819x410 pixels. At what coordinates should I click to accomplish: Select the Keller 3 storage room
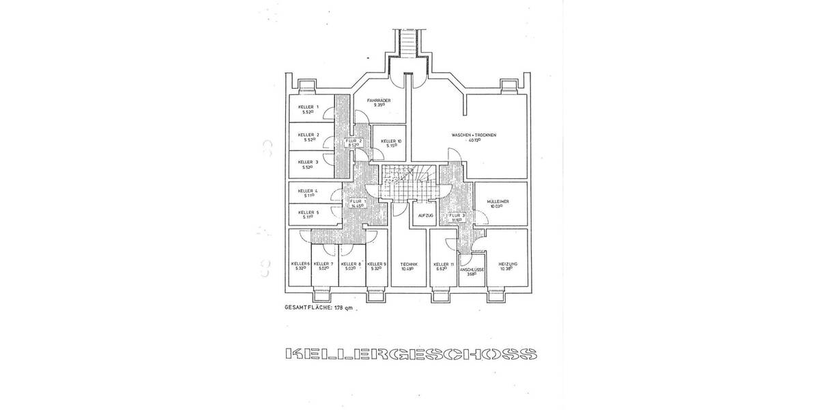click(308, 164)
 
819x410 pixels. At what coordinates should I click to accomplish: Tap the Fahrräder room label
click(377, 102)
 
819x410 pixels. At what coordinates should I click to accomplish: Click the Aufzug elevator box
click(416, 216)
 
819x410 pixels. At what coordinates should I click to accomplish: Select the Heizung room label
click(508, 266)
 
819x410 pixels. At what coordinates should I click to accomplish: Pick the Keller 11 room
click(444, 266)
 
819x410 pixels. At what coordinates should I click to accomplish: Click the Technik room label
click(409, 266)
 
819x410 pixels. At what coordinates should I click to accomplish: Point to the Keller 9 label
click(376, 266)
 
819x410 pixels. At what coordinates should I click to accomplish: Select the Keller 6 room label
click(300, 266)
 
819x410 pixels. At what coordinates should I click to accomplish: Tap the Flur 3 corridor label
click(456, 218)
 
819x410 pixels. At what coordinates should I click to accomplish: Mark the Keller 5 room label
click(308, 215)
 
